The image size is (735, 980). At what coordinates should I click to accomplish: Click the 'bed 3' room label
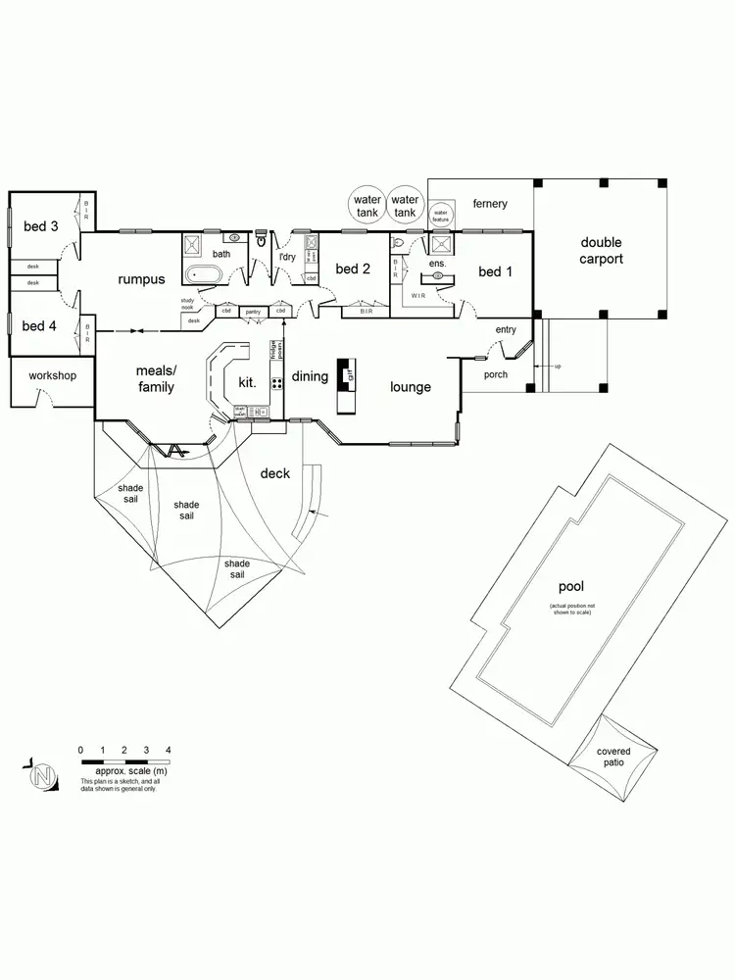(x=41, y=226)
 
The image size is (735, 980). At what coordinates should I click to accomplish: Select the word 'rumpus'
(x=141, y=279)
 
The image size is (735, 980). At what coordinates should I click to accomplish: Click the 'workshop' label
(x=52, y=375)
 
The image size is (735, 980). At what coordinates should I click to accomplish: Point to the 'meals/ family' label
(x=155, y=379)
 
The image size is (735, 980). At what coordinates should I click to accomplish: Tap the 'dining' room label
(x=310, y=375)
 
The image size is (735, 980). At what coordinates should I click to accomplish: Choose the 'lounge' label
(x=411, y=386)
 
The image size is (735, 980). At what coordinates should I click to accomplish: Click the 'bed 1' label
(x=496, y=271)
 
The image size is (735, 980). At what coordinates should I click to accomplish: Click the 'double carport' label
(x=601, y=251)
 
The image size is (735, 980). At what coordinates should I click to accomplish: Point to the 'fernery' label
(x=490, y=204)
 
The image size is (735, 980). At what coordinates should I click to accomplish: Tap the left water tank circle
(x=367, y=206)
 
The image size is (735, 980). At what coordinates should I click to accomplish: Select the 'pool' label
(x=570, y=586)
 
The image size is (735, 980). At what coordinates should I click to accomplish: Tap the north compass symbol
(x=41, y=776)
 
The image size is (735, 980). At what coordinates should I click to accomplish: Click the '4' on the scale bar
(x=169, y=750)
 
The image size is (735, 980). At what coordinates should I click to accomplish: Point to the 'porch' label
(x=496, y=374)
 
